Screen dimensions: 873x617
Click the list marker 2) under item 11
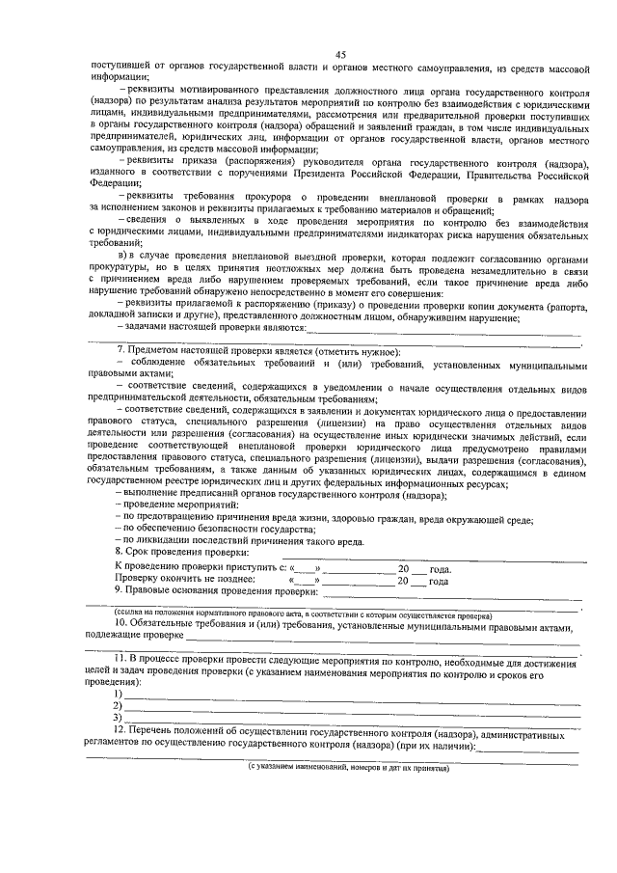tap(118, 705)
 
